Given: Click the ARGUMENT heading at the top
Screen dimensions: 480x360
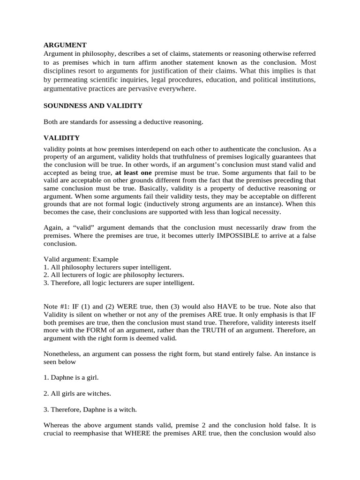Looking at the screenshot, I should (x=65, y=45).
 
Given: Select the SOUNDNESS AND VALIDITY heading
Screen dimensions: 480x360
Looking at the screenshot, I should (x=93, y=106).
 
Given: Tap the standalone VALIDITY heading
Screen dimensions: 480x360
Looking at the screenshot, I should (x=61, y=138).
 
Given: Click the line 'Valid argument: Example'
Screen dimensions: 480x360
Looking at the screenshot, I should (x=81, y=259).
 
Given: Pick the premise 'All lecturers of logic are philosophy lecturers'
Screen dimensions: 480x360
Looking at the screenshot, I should (x=114, y=275).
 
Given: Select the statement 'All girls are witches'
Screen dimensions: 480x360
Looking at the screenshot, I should (x=77, y=393).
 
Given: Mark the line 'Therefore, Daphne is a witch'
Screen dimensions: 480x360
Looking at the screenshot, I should (x=90, y=409).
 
